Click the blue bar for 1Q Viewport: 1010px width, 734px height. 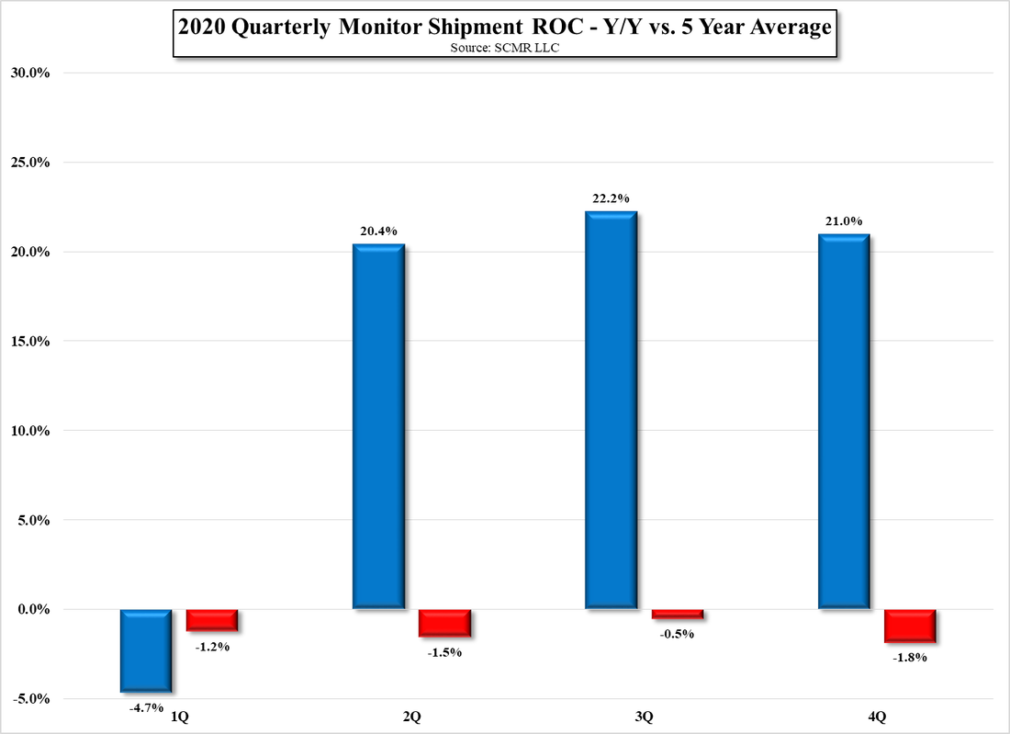(x=145, y=650)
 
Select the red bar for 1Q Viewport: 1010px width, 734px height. (x=212, y=620)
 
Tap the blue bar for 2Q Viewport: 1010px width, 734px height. (x=378, y=427)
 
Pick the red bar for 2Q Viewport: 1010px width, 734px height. (x=445, y=623)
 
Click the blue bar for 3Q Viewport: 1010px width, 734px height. (x=611, y=411)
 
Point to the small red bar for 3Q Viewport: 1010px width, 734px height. (x=678, y=614)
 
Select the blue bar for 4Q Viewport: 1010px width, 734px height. (x=843, y=422)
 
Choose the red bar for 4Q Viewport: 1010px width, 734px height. (x=910, y=626)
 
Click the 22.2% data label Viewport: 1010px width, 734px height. (x=611, y=198)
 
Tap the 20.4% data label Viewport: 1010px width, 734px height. (x=378, y=231)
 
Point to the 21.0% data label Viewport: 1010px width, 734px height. (x=843, y=221)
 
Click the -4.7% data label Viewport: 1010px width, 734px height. (x=146, y=707)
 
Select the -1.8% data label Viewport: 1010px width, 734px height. (x=910, y=658)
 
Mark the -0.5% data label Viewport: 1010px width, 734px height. (x=678, y=634)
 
